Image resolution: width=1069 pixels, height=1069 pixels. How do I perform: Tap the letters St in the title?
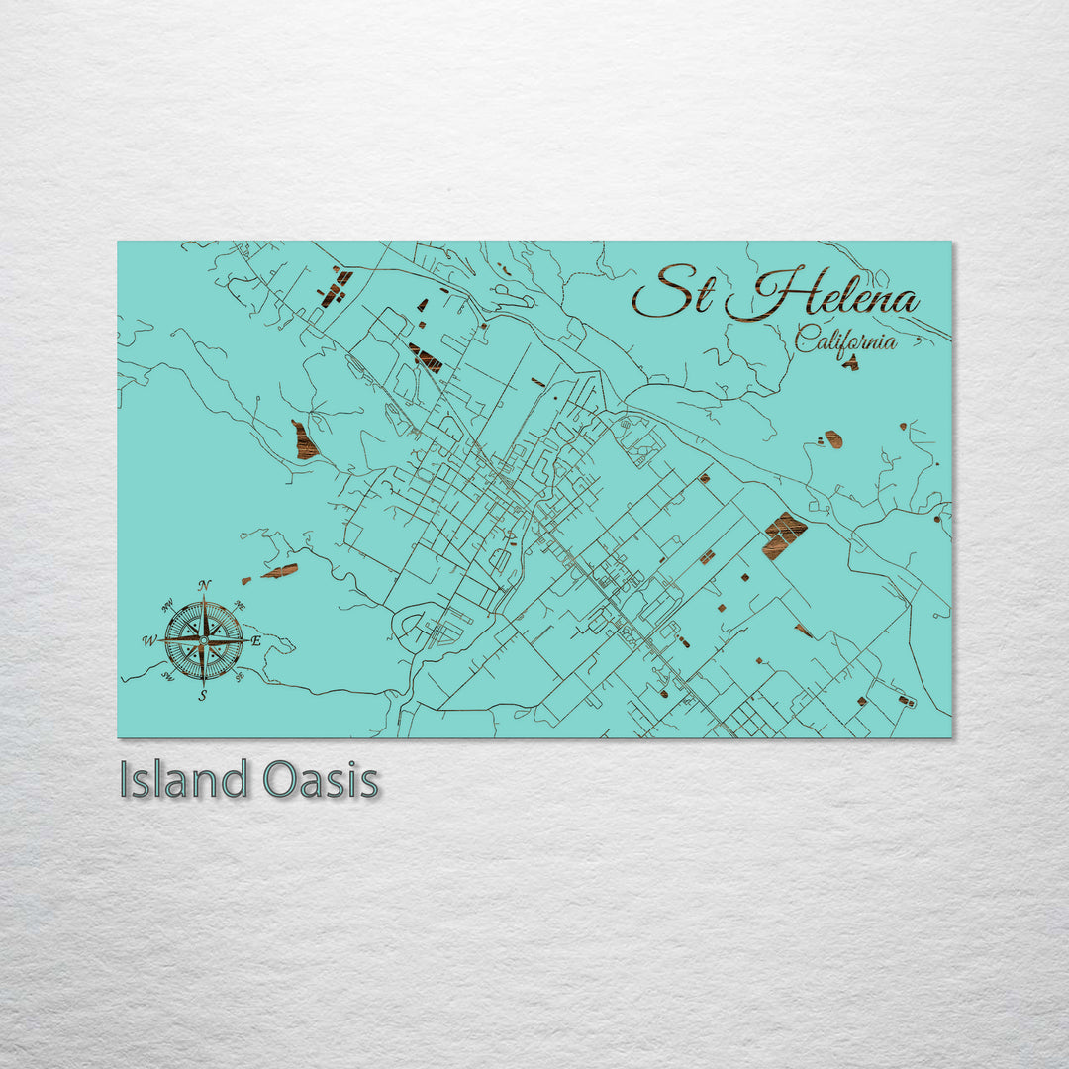673,292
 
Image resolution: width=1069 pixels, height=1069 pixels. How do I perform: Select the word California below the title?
846,341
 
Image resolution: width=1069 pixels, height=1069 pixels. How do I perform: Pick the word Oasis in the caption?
321,780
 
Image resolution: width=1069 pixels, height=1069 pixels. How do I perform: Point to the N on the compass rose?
204,586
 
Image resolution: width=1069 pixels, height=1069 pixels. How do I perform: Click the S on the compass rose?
203,696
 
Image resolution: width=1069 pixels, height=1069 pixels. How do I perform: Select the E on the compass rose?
256,641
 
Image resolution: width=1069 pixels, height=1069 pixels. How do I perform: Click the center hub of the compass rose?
203,640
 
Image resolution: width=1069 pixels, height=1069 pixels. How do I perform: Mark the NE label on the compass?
241,606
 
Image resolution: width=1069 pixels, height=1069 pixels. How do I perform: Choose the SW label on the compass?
167,677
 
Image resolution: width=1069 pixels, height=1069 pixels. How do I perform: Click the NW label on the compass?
167,606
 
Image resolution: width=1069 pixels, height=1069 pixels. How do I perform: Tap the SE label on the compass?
240,677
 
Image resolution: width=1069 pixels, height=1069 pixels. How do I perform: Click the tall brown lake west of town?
304,440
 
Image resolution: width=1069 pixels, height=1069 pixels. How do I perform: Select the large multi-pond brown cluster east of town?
784,534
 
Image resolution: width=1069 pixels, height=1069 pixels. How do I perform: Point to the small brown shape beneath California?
850,363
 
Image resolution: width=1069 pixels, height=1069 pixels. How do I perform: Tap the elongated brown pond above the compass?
280,571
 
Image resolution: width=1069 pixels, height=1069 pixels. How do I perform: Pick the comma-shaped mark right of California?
918,342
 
